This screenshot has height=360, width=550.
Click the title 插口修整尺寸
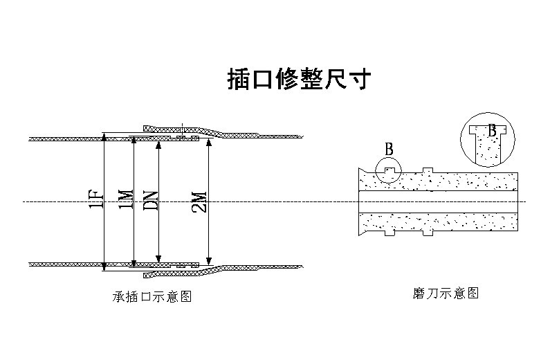click(300, 80)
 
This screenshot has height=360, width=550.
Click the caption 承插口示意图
click(152, 296)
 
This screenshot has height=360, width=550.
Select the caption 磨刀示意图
click(444, 293)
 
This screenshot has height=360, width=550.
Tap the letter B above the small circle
click(389, 149)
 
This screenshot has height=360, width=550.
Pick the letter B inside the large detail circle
click(493, 130)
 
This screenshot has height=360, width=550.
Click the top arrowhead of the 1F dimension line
click(103, 138)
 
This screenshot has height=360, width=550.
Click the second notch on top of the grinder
click(428, 170)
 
